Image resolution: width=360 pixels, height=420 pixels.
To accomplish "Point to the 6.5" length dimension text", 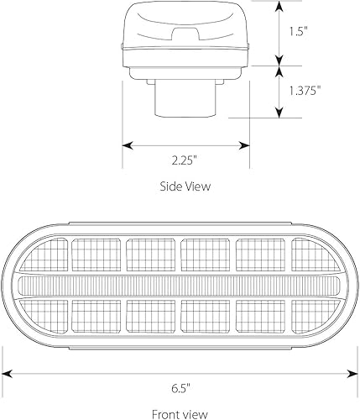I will pos(180,389).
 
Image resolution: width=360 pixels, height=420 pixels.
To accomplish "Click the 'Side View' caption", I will pos(185,186).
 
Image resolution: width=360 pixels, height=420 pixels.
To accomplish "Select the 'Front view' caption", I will pos(180,412).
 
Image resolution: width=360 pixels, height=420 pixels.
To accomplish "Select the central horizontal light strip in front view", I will pos(180,286).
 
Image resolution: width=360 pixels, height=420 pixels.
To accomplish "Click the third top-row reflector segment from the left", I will pos(152,253).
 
